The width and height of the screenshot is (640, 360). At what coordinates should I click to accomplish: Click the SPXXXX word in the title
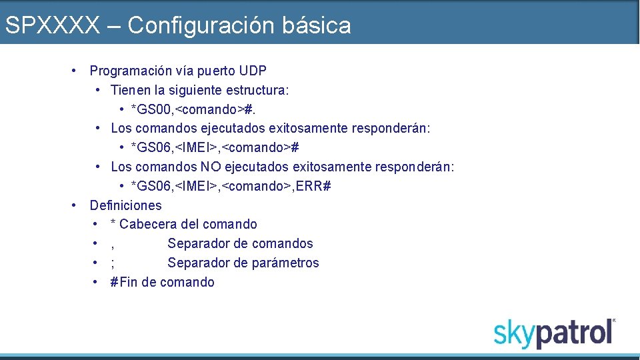pos(52,25)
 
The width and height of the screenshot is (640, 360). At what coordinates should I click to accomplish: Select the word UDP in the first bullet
pos(253,70)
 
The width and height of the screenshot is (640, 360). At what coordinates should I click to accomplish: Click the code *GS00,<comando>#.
pos(192,109)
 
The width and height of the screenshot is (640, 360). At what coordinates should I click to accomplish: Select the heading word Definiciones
pos(125,205)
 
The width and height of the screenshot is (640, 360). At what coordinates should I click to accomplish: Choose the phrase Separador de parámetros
pos(243,263)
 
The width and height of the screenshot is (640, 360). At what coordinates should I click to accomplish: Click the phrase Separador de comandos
pos(240,243)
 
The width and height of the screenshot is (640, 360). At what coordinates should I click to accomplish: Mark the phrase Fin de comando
pos(167,282)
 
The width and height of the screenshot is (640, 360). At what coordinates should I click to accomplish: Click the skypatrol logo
pos(554,333)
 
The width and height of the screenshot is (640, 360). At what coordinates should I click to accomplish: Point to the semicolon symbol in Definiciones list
pos(113,263)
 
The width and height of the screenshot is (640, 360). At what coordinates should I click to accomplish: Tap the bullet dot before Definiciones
pos(76,205)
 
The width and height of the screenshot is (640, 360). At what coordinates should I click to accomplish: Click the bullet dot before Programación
pos(76,70)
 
